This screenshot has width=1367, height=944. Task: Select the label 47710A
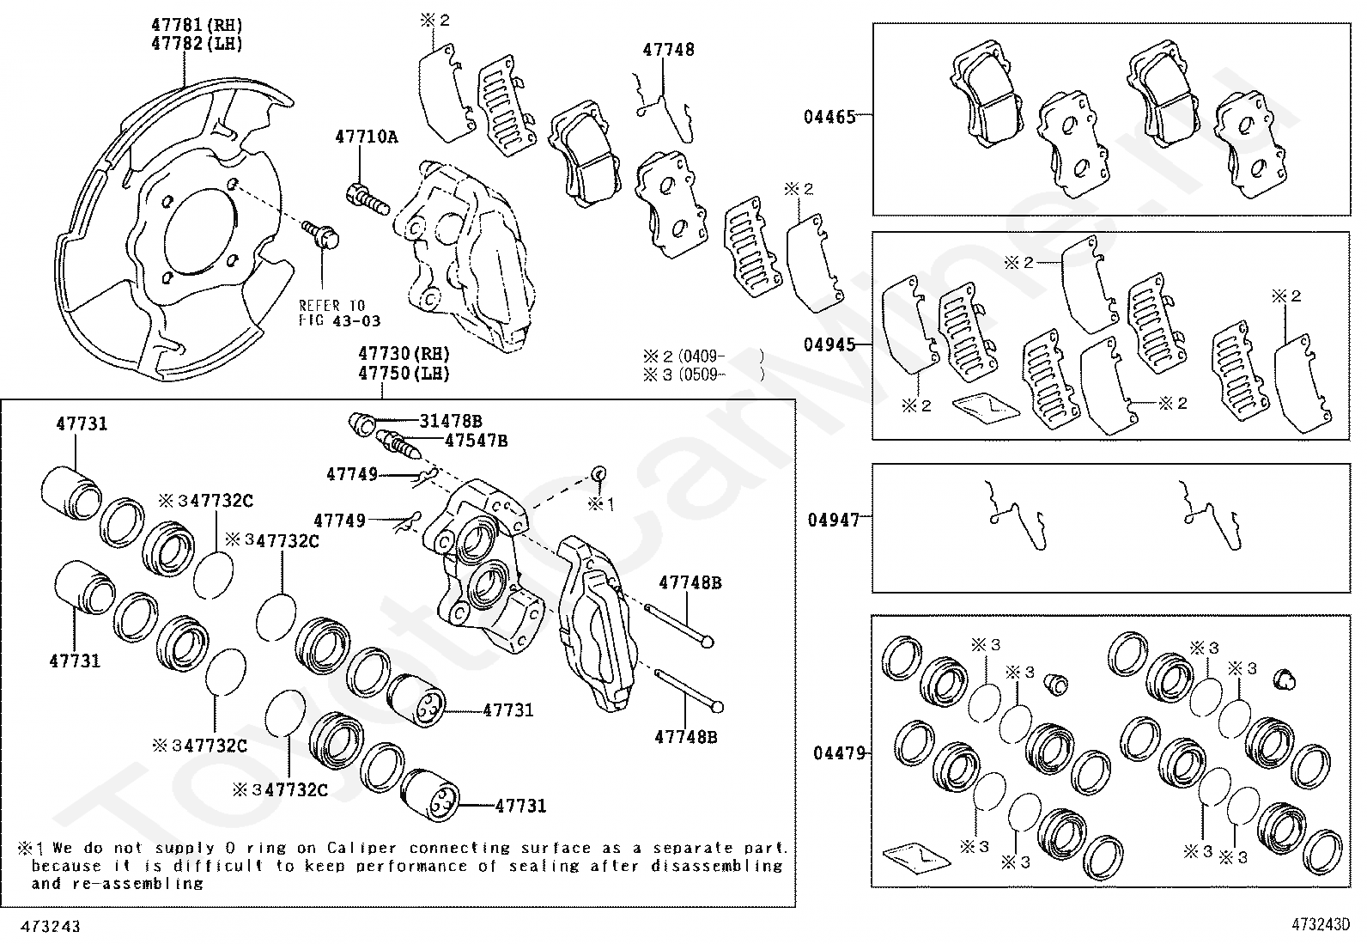[367, 137]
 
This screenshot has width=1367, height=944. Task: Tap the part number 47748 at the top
[668, 50]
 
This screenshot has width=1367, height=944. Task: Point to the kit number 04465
[829, 116]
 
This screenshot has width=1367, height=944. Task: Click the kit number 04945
[829, 344]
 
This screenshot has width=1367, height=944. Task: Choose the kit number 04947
[833, 520]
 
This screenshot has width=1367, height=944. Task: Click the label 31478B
[451, 421]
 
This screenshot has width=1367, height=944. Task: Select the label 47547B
[476, 441]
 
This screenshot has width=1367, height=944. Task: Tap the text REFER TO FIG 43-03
[339, 313]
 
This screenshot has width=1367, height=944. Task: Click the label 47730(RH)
[404, 354]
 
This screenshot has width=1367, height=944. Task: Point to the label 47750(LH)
[404, 374]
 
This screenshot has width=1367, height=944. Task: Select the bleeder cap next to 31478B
[361, 423]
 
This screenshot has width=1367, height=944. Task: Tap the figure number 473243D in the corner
[1320, 925]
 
